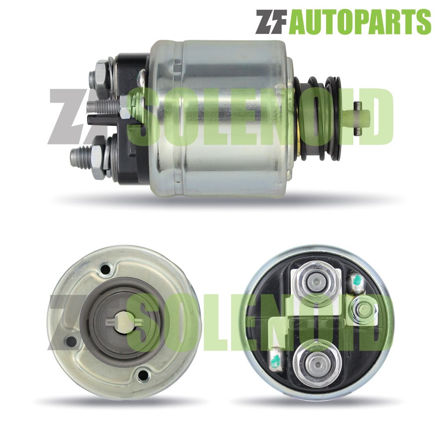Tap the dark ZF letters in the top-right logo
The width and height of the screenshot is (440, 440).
pos(271,22)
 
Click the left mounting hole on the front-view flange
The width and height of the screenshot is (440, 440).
pos(70,341)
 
